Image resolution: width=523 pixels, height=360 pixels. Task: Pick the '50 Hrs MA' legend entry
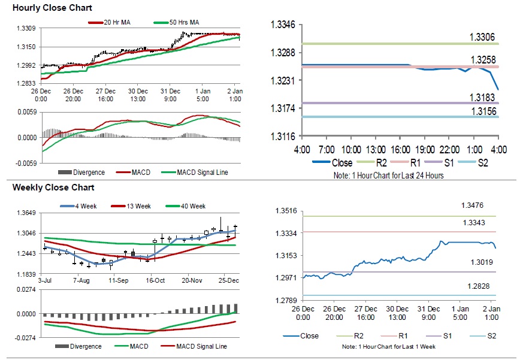(x=182, y=22)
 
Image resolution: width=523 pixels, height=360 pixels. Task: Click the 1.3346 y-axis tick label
(x=283, y=25)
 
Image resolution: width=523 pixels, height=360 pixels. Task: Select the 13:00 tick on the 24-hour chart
(x=376, y=149)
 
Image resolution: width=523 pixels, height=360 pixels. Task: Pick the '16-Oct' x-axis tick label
(x=155, y=280)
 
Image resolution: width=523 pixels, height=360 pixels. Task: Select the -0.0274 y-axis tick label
(x=25, y=338)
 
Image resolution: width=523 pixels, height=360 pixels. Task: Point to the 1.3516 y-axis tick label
(x=286, y=210)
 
